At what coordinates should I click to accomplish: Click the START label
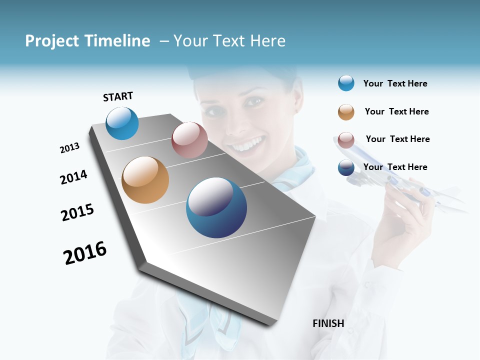tap(118, 96)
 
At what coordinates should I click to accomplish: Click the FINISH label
tap(328, 323)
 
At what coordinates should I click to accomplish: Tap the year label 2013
tap(69, 148)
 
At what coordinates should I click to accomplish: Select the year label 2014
tap(73, 177)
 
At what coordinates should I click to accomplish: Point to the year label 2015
tap(77, 212)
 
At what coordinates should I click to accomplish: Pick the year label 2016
tap(85, 253)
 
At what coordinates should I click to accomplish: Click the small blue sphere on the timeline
tap(122, 123)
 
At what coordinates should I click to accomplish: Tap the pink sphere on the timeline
tap(189, 140)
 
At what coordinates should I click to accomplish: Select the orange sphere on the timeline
tap(145, 180)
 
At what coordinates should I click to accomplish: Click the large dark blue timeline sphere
tap(216, 207)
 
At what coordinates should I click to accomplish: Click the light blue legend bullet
tap(346, 83)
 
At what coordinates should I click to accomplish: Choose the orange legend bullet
tap(346, 112)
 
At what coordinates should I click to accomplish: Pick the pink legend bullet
tap(346, 140)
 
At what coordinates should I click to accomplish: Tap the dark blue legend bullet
tap(346, 167)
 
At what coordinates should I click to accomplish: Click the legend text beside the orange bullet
tap(396, 111)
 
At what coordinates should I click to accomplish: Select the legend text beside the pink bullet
tap(397, 139)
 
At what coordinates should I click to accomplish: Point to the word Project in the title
tap(52, 41)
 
